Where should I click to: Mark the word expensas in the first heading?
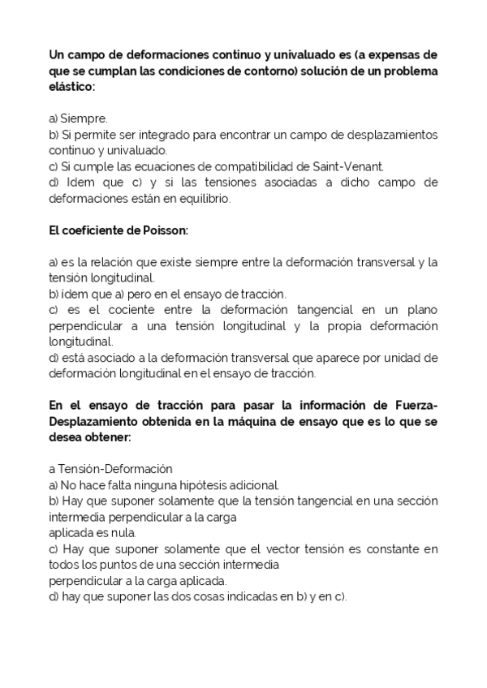tap(395, 55)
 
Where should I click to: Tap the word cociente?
tap(121, 310)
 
